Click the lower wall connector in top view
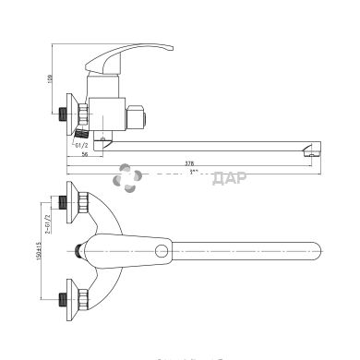70,297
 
